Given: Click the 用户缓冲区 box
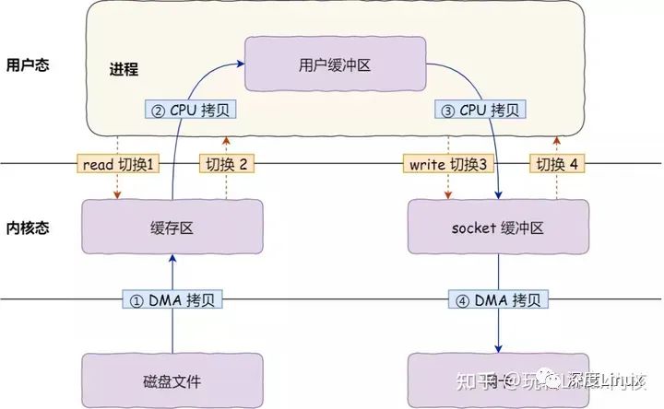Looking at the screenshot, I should point(335,64).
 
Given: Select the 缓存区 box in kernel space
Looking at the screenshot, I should point(172,228).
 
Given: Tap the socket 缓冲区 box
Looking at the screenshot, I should point(499,228).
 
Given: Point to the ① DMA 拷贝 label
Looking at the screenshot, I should point(172,299).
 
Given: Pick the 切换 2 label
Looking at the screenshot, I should point(226,164).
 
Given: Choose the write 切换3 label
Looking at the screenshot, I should point(448,164).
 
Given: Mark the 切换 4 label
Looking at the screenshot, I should point(556,164).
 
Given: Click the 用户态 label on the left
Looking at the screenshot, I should point(27,66).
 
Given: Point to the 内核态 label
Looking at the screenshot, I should point(27,228).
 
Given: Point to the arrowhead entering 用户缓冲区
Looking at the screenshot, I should point(243,64).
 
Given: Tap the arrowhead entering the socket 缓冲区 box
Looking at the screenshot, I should point(499,197).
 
